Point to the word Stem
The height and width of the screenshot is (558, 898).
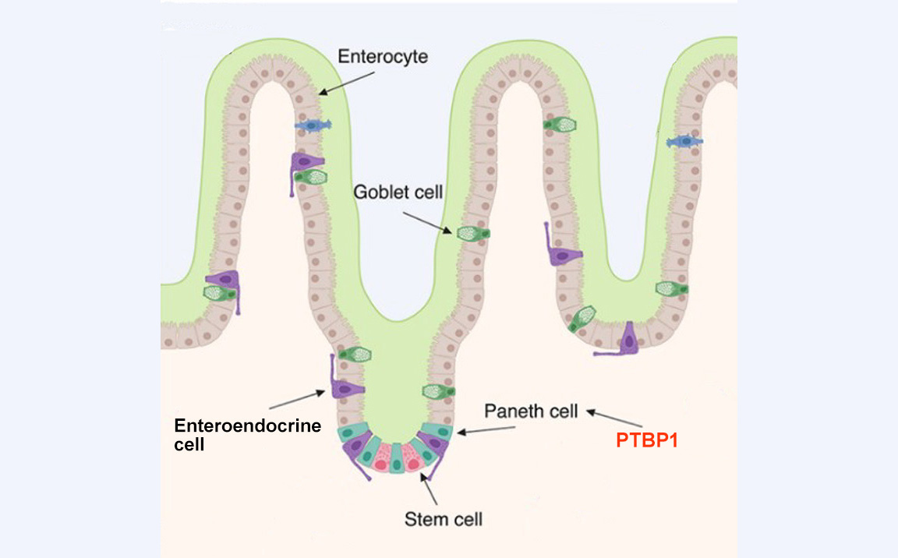(421, 517)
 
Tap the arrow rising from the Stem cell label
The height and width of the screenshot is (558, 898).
(430, 488)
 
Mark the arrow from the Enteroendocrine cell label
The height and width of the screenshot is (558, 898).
(296, 400)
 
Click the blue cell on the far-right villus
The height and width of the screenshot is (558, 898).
(684, 141)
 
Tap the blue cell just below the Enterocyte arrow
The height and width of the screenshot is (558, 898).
(313, 125)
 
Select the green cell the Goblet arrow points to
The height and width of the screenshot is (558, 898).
(473, 232)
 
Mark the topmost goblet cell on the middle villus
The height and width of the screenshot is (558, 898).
(560, 124)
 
